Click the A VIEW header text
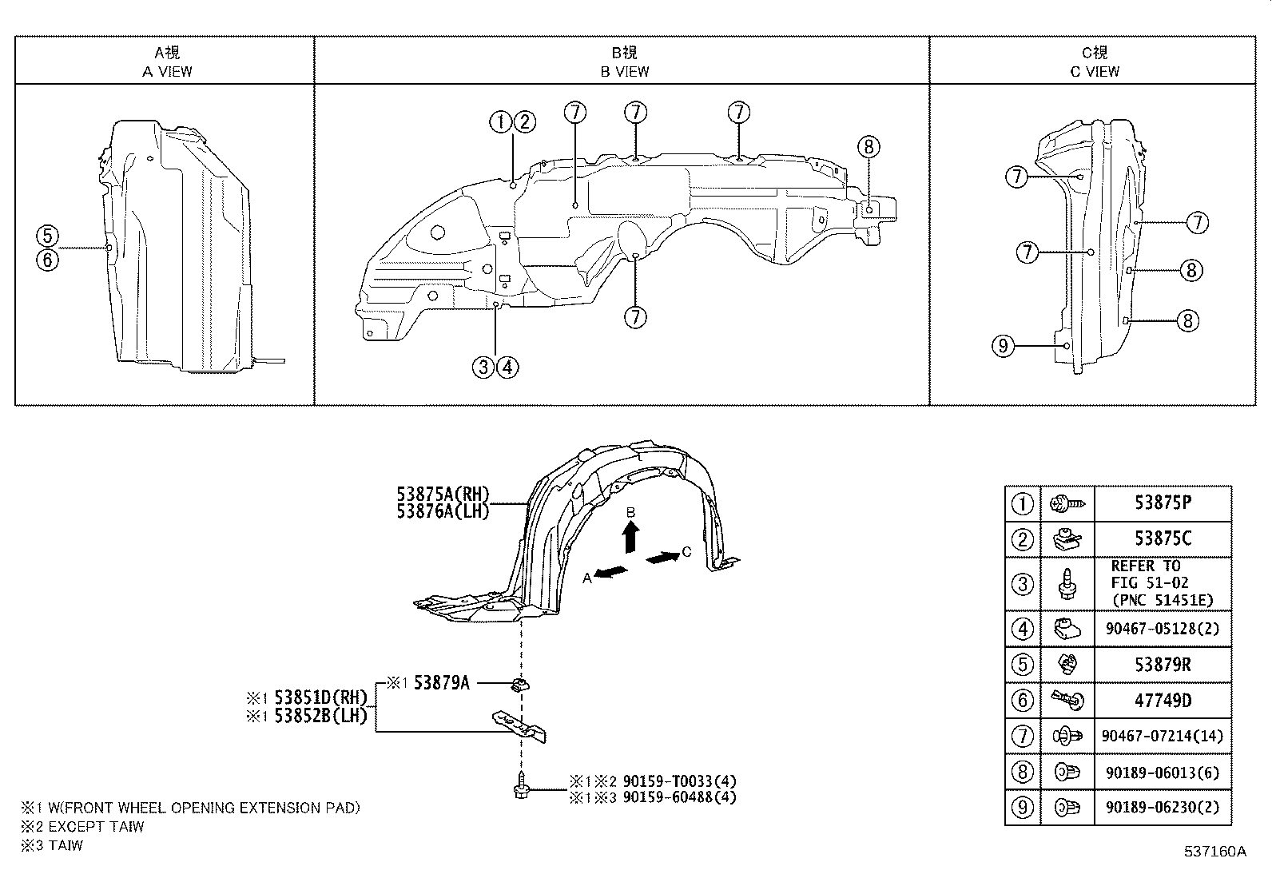coord(167,71)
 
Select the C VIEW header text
coord(1094,71)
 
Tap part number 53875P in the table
coord(1162,503)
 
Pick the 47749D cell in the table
coord(1162,701)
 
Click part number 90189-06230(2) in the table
coord(1163,807)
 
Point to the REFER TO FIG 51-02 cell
coord(1162,583)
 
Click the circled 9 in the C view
coord(1004,346)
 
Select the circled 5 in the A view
coord(47,236)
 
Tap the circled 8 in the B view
coord(869,146)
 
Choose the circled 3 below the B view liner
coord(483,367)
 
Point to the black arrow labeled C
coord(662,558)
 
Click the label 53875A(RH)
coord(442,495)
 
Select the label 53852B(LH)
coord(320,716)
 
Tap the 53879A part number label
coord(441,683)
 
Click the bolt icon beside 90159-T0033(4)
coord(521,786)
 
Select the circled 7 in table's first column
coord(1022,736)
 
